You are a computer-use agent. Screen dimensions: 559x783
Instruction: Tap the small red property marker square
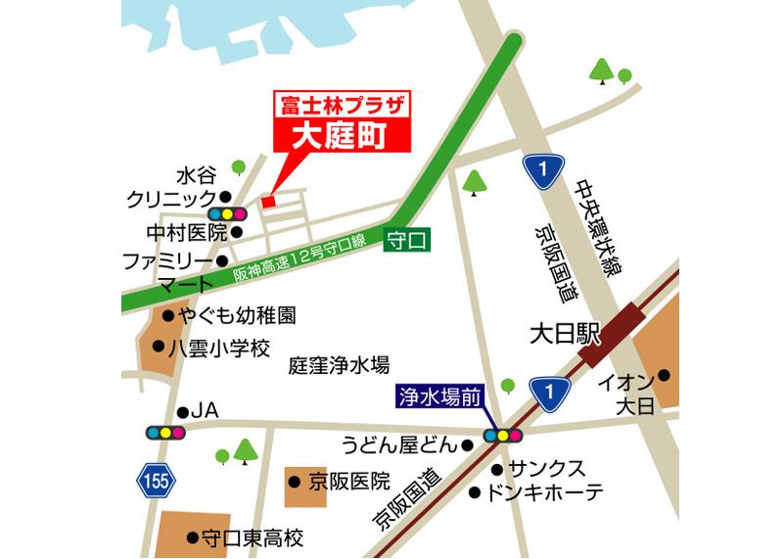pos(268,202)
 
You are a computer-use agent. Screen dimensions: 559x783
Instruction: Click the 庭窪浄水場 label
pos(339,365)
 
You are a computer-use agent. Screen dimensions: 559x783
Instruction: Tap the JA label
pos(205,411)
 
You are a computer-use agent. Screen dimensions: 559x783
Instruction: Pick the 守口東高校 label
pos(252,538)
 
